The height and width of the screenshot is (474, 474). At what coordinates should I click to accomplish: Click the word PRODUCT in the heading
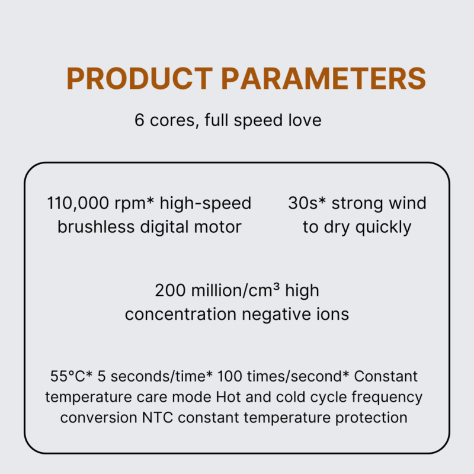pos(140,78)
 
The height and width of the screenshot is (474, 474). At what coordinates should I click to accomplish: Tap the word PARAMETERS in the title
pos(324,78)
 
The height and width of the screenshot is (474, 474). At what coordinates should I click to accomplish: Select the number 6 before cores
pos(139,120)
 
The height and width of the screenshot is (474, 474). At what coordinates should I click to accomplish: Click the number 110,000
pos(78,203)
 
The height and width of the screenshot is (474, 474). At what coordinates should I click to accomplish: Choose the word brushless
pos(96,227)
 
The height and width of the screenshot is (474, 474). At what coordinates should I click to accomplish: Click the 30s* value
pos(307,203)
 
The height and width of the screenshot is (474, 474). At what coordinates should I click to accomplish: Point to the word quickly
pos(383,228)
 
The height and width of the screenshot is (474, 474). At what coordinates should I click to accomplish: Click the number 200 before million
pos(170,290)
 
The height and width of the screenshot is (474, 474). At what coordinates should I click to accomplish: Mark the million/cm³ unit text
pos(235,290)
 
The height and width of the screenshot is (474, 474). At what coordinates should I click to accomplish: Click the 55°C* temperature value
pos(71,376)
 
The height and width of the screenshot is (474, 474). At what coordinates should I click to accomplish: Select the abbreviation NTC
pos(158,418)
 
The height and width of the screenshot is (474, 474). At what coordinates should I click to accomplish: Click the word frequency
pos(387,398)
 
